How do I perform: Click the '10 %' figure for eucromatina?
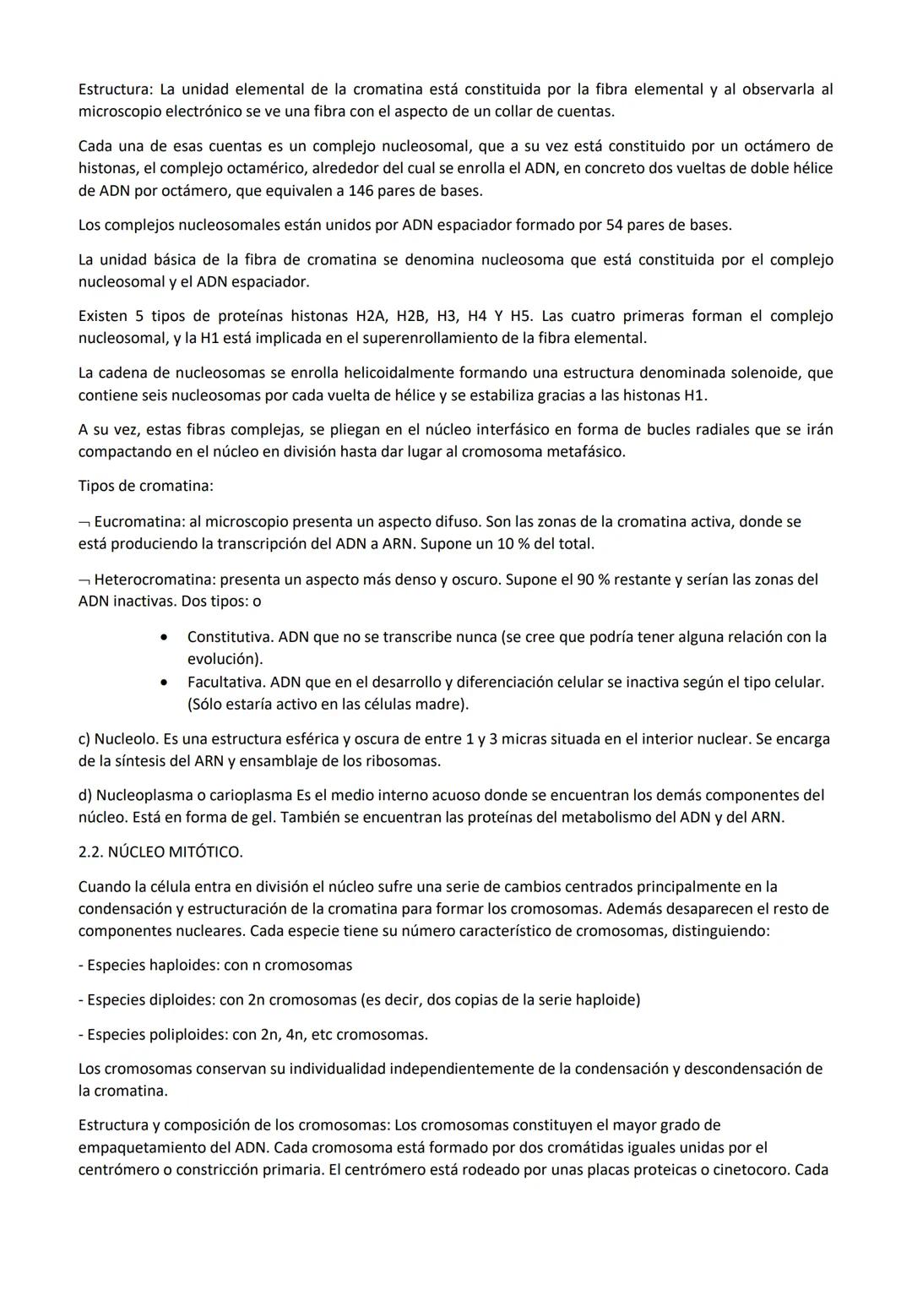click(x=518, y=544)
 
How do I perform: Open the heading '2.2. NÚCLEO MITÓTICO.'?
click(x=160, y=852)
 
